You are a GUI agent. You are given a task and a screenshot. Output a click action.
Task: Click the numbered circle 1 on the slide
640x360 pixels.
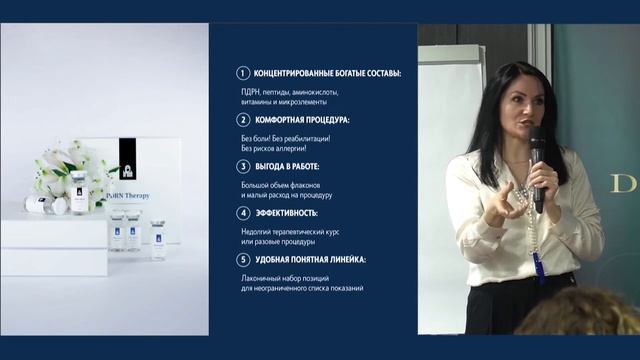tap(241, 73)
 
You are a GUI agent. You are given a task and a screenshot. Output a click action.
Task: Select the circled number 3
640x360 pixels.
tap(241, 166)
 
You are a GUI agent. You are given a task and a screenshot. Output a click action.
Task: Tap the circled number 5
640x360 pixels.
tap(241, 259)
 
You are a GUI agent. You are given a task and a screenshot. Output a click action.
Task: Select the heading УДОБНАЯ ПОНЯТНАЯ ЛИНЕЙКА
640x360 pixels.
tap(309, 259)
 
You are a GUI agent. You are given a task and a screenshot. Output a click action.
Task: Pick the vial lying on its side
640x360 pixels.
tap(46, 205)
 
